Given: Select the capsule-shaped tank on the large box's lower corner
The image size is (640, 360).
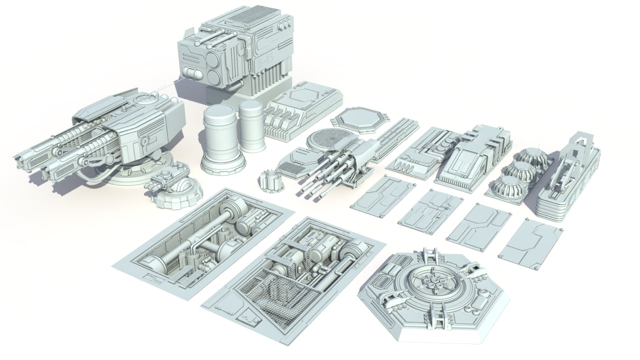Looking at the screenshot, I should [x=193, y=73].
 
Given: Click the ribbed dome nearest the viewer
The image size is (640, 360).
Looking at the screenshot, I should [x=508, y=187].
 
